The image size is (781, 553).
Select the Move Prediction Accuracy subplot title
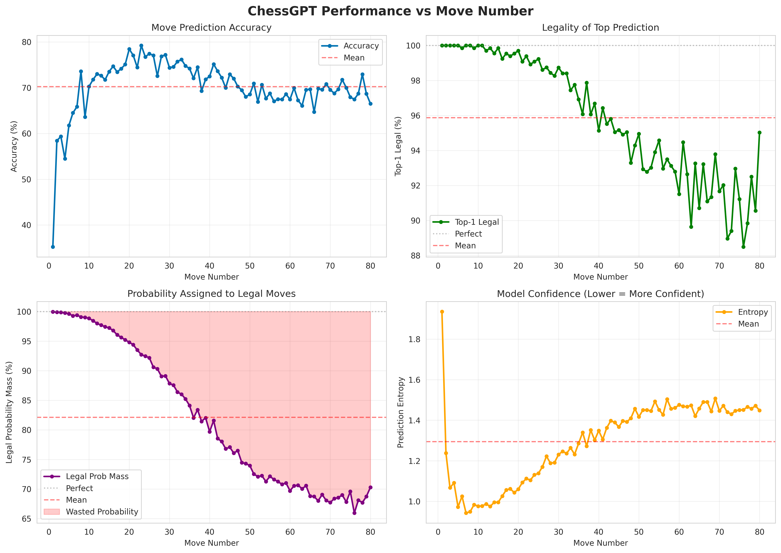[211, 28]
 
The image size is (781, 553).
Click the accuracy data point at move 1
[53, 247]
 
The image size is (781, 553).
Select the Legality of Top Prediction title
[600, 28]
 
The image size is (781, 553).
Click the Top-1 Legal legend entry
[476, 222]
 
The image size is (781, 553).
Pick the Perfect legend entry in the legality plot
[468, 234]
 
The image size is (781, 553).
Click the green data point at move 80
[759, 133]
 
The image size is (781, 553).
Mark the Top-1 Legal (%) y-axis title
[398, 146]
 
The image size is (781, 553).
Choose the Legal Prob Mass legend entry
[97, 476]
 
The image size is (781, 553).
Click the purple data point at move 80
[370, 487]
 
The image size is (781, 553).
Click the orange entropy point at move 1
[442, 312]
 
